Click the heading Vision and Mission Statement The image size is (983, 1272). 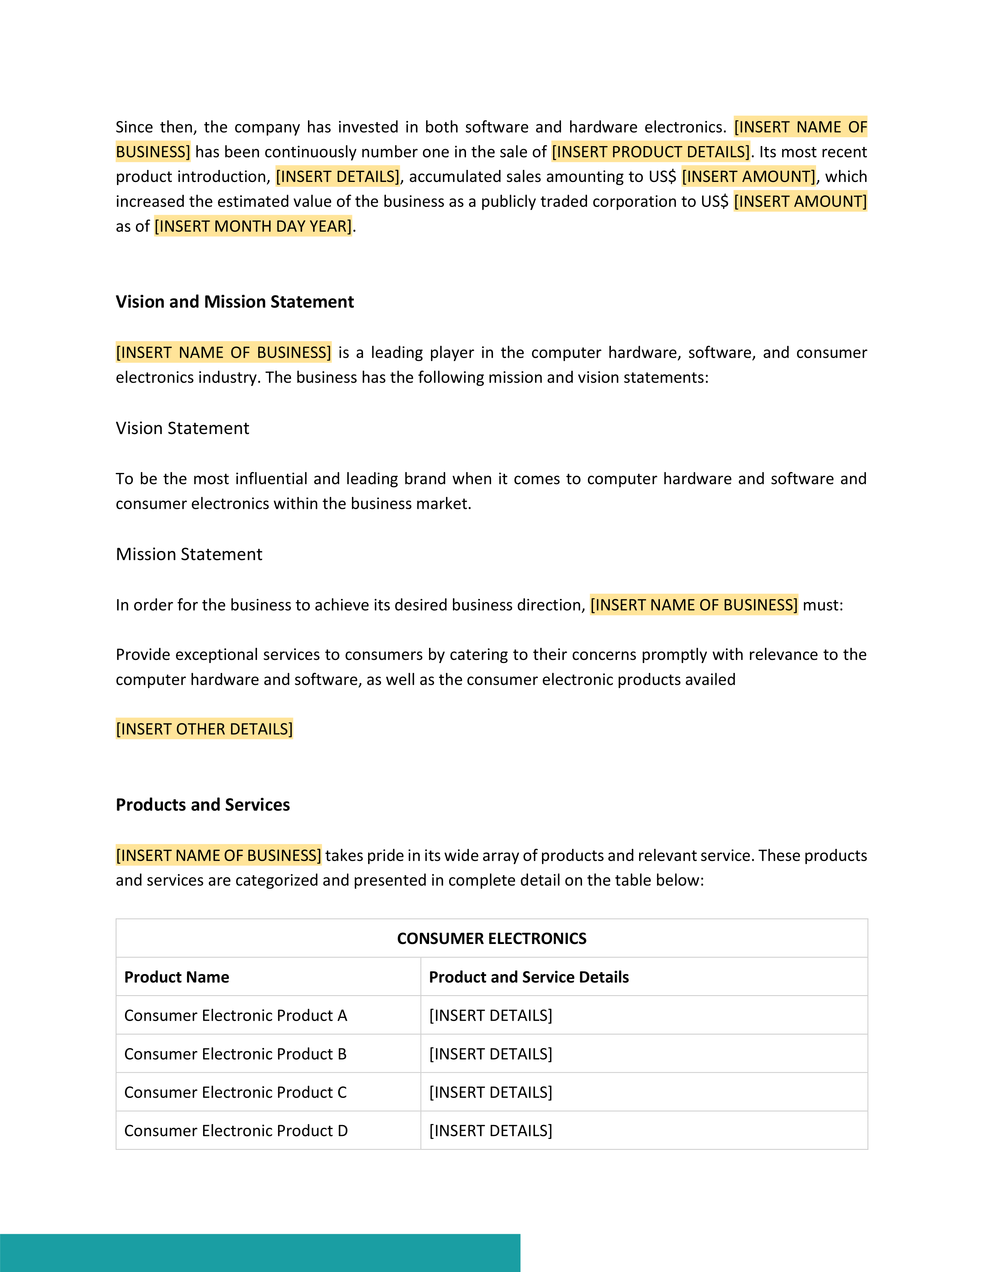coord(235,302)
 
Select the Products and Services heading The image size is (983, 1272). coord(203,804)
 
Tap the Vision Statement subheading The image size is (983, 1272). coord(182,428)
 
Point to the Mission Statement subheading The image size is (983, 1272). coord(189,554)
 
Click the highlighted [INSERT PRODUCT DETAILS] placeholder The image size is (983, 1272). coord(650,152)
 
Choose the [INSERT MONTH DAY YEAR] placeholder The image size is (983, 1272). coord(253,226)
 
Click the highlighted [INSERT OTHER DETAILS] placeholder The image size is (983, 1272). coord(204,729)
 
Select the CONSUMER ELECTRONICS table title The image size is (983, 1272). coord(491,938)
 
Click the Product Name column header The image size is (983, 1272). coord(177,977)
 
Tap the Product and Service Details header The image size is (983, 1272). coord(529,977)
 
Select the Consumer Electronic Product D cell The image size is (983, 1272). coord(236,1131)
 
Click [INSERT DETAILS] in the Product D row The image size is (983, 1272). coord(490,1131)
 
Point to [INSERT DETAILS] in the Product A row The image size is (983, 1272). coord(490,1015)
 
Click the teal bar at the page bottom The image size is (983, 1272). coord(260,1252)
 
